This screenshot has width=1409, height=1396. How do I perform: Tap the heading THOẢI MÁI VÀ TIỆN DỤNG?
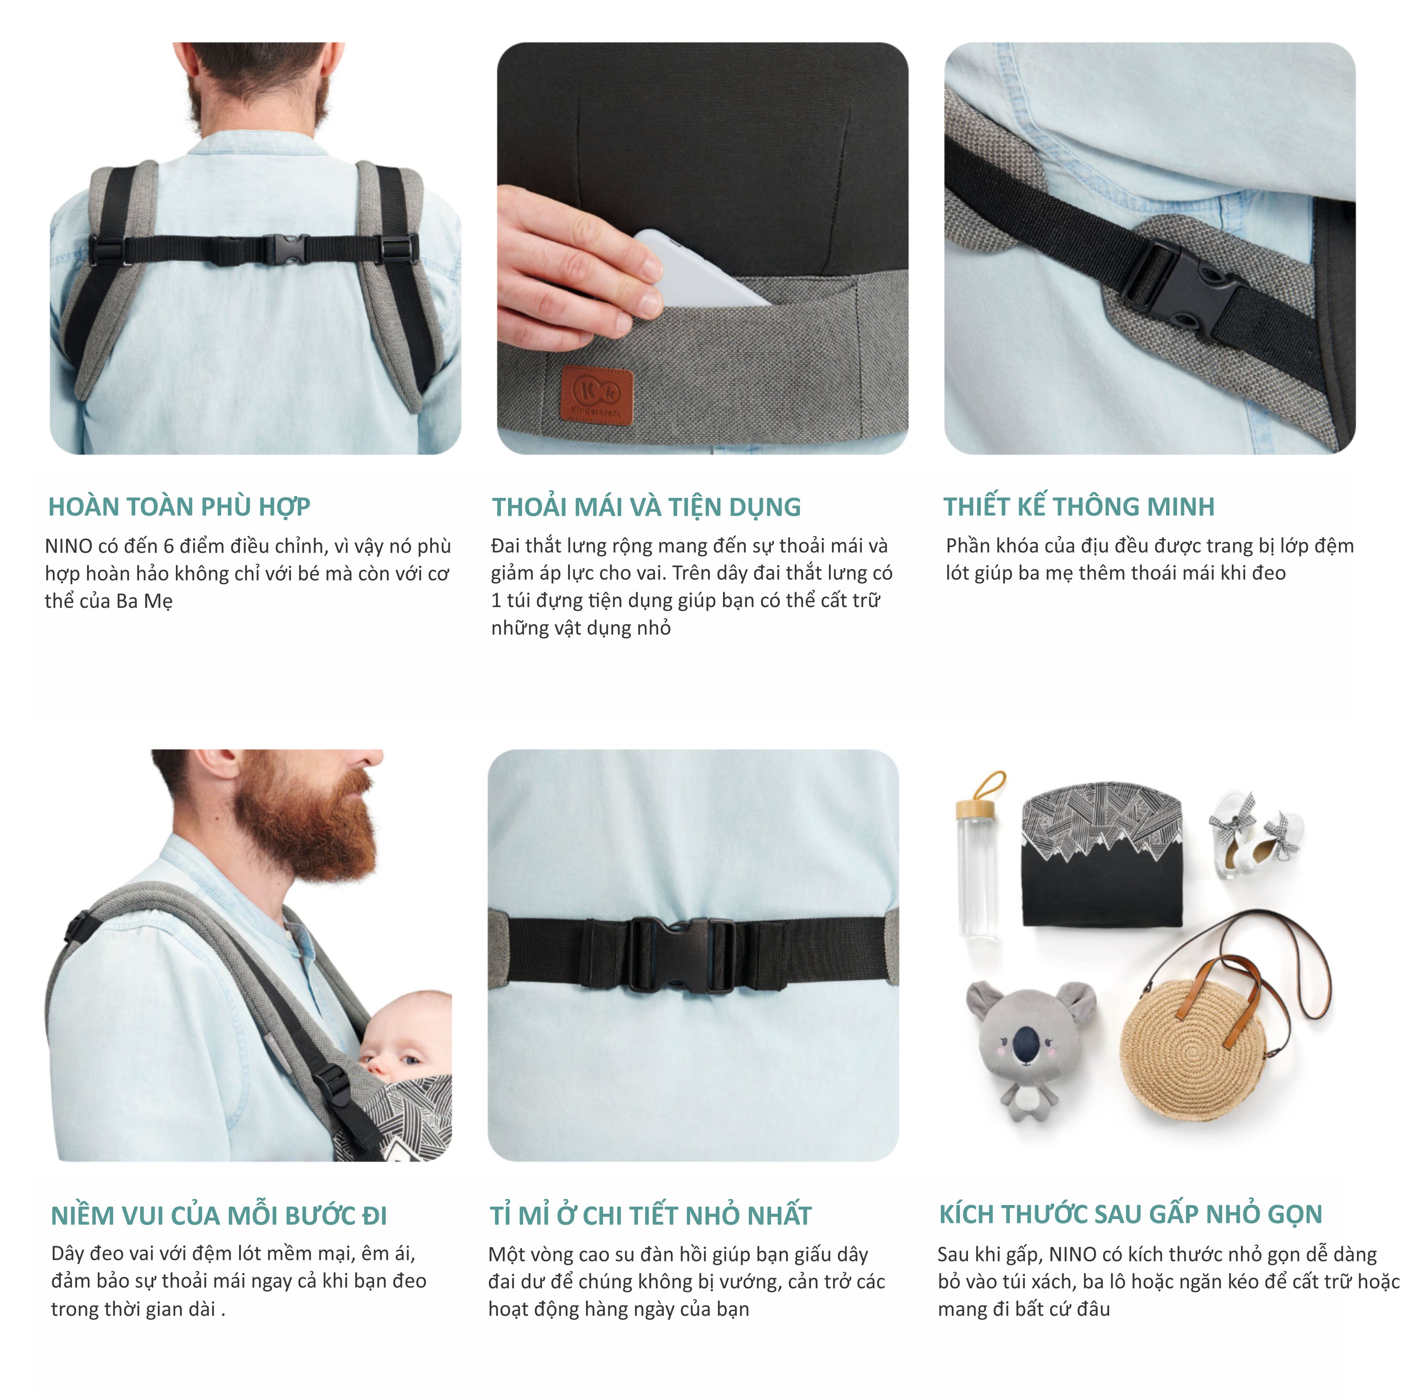[x=646, y=507]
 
